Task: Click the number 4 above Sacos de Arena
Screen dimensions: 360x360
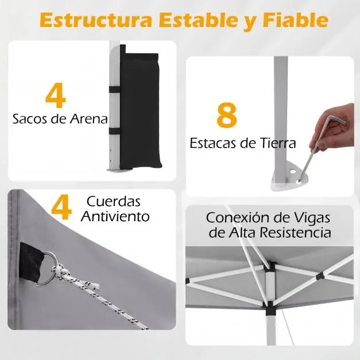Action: coord(55,96)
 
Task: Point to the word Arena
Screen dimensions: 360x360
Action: coord(86,119)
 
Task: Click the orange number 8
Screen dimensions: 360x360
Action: coord(227,115)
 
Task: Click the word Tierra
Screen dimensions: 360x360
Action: coord(277,142)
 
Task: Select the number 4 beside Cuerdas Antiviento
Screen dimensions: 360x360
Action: coord(61,208)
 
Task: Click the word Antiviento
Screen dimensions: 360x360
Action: coord(115,216)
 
